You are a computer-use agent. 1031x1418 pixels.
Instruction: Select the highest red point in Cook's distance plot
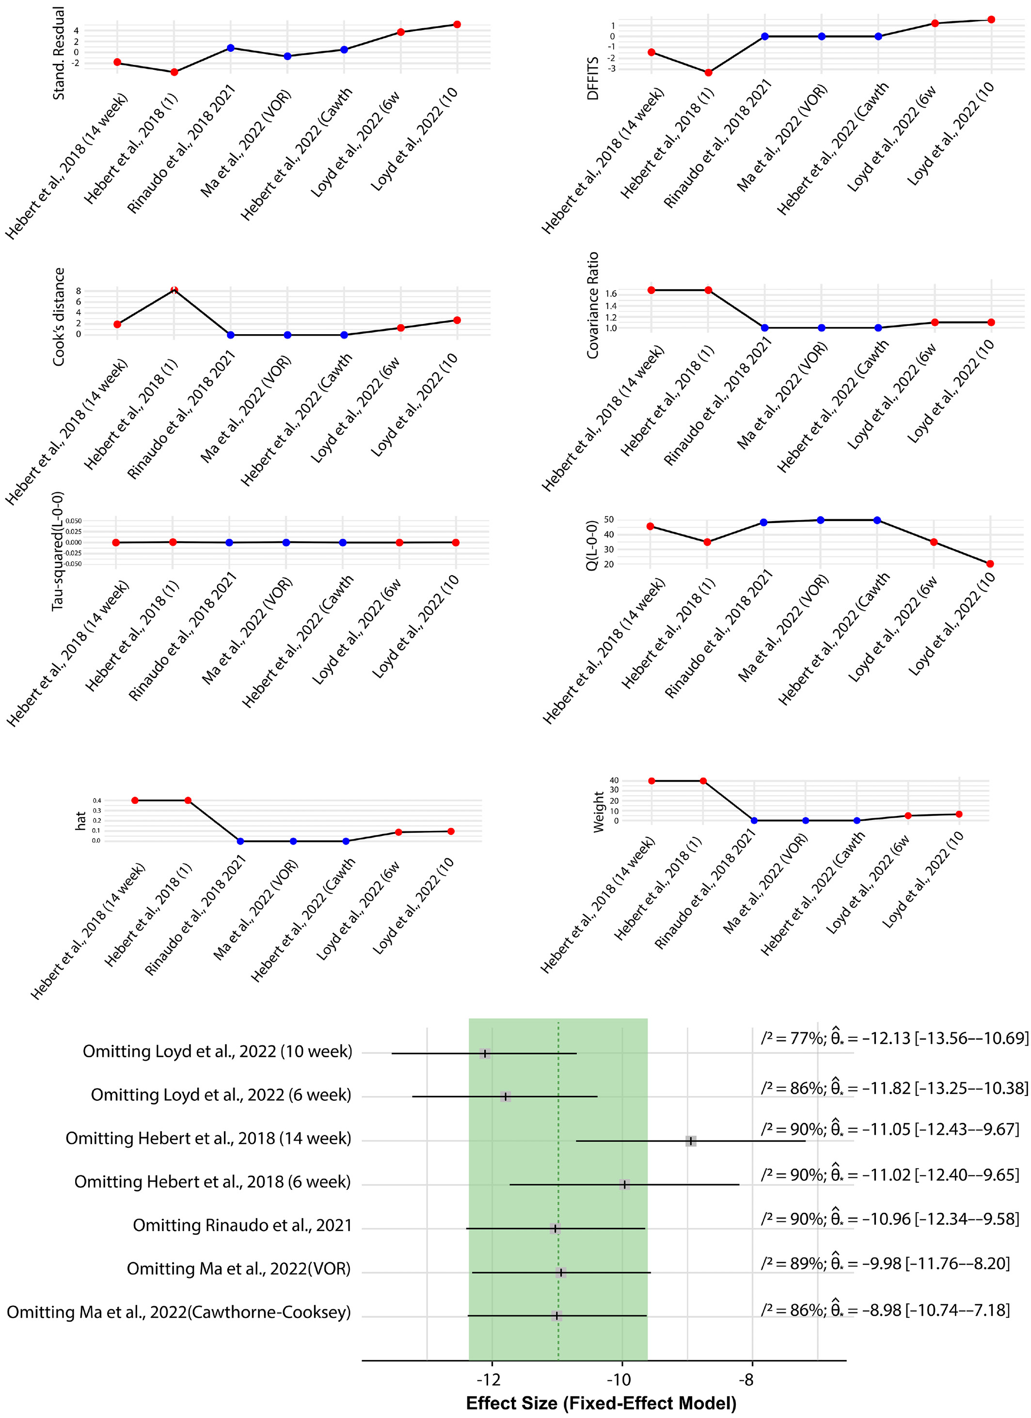(x=174, y=290)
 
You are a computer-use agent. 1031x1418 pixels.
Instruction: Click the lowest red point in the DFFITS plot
(x=708, y=73)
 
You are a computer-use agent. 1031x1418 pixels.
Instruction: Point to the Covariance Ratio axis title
(x=592, y=305)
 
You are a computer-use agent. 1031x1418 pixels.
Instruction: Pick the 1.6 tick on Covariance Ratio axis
(x=611, y=293)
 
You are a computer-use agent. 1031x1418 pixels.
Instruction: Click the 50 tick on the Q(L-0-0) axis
(x=609, y=520)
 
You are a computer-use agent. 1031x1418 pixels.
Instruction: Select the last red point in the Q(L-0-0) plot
(x=990, y=564)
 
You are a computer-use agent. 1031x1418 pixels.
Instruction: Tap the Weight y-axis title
(x=599, y=812)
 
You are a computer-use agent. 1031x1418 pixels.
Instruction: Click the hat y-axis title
(x=80, y=821)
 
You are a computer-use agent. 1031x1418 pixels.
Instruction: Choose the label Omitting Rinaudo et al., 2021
(x=242, y=1225)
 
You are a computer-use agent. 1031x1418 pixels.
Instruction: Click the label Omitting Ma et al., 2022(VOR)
(x=238, y=1268)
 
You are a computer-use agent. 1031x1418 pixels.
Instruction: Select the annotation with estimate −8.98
(x=885, y=1310)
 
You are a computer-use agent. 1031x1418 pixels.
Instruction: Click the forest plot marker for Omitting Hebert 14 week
(x=691, y=1141)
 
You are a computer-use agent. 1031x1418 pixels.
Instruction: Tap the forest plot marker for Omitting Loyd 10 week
(x=485, y=1053)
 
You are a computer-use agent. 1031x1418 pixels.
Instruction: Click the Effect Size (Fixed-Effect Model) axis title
(x=601, y=1403)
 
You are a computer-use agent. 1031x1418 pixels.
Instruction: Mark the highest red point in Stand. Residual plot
(x=457, y=24)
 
